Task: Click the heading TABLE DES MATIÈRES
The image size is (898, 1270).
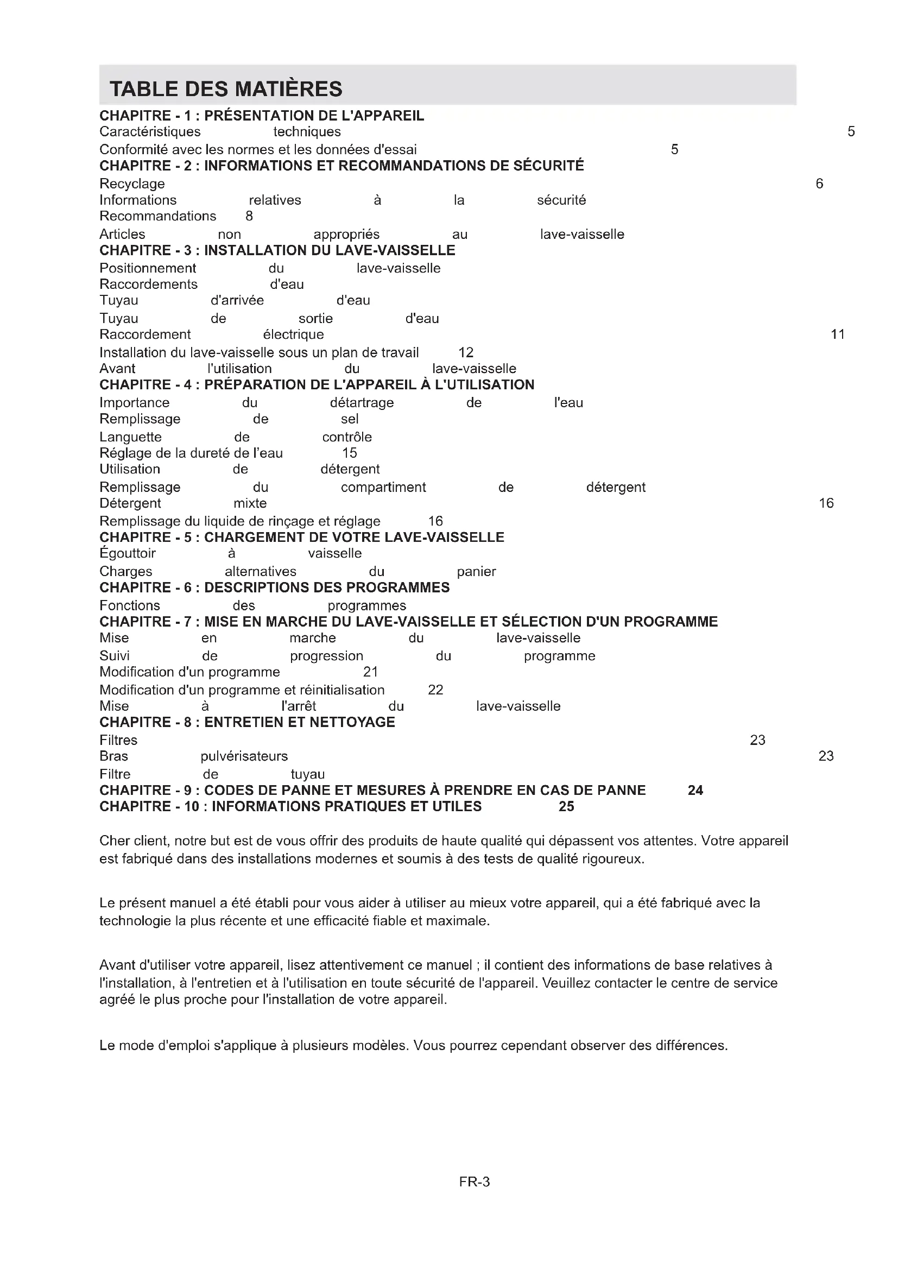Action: pos(226,89)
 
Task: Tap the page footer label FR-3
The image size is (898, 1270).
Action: pos(474,1182)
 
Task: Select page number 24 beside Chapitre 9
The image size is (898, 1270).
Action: pos(695,791)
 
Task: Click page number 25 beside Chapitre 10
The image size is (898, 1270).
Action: pos(566,806)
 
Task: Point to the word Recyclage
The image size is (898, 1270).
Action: pos(131,184)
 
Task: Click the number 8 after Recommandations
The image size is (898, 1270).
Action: pos(249,216)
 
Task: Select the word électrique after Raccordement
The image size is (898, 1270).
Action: pos(293,334)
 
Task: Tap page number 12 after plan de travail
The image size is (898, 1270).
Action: pos(466,352)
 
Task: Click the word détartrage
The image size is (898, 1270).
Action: pos(362,403)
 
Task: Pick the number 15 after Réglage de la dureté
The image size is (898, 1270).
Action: pos(350,453)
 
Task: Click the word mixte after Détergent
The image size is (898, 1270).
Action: pos(250,503)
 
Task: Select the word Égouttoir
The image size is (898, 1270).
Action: pos(127,554)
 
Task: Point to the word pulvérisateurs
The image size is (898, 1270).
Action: pos(244,756)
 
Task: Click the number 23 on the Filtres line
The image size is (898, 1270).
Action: pos(757,740)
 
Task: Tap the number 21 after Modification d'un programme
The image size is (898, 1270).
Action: pos(370,672)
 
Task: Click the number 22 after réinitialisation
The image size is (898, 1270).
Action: pos(435,690)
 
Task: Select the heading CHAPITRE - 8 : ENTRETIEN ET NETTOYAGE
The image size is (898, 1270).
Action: pos(247,722)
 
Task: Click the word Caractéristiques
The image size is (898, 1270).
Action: pos(150,131)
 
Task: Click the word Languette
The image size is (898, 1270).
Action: pos(130,437)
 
